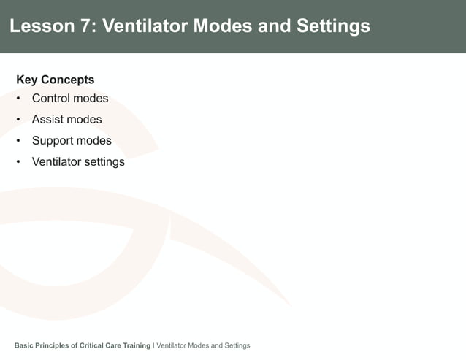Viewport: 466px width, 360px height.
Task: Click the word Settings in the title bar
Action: (x=333, y=27)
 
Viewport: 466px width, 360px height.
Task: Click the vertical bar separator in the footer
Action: (x=153, y=345)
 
